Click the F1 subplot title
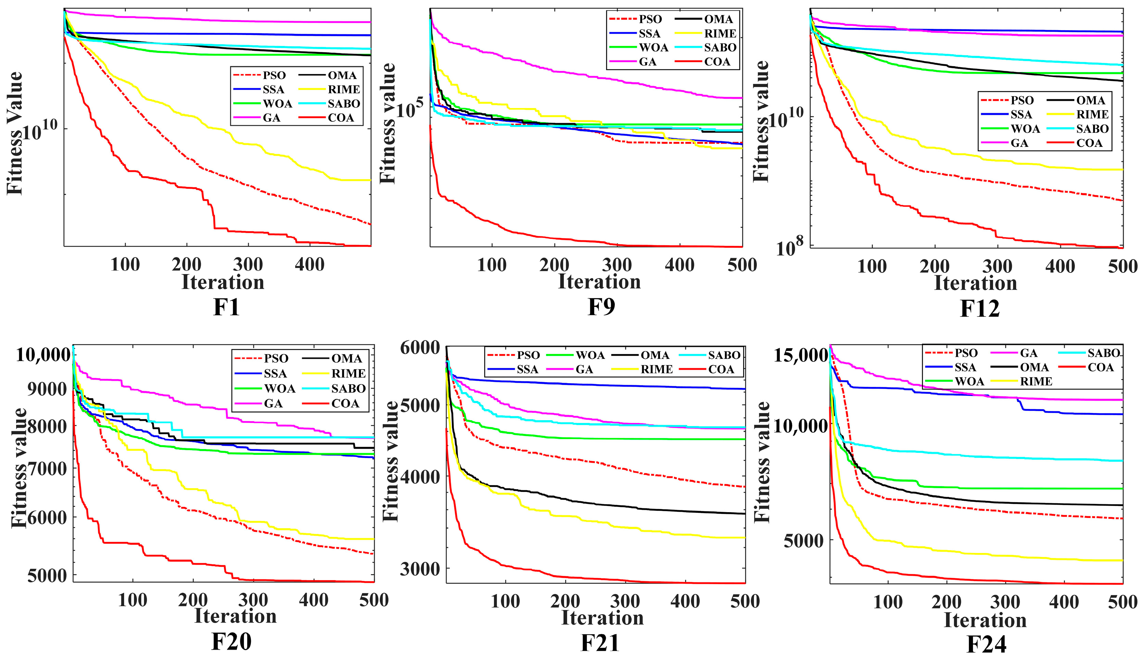[226, 307]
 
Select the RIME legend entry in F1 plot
[343, 89]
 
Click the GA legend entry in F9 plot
[647, 62]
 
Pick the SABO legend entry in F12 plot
[1092, 129]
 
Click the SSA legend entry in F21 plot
[527, 369]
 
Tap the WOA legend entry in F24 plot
[969, 381]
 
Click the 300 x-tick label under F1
[248, 264]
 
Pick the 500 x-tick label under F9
[742, 265]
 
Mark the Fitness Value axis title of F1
[15, 133]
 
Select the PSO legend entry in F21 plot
[528, 355]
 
